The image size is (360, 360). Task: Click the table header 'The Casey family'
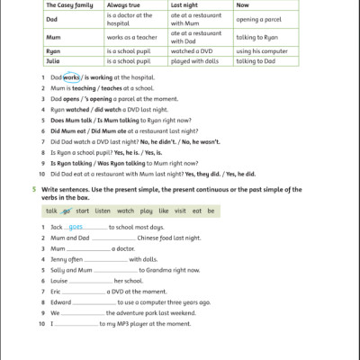(x=67, y=5)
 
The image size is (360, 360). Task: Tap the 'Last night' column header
(x=185, y=5)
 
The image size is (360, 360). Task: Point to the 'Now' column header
(x=243, y=5)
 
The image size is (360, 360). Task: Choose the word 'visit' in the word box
(x=178, y=211)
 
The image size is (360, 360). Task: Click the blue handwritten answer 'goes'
(x=76, y=228)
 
